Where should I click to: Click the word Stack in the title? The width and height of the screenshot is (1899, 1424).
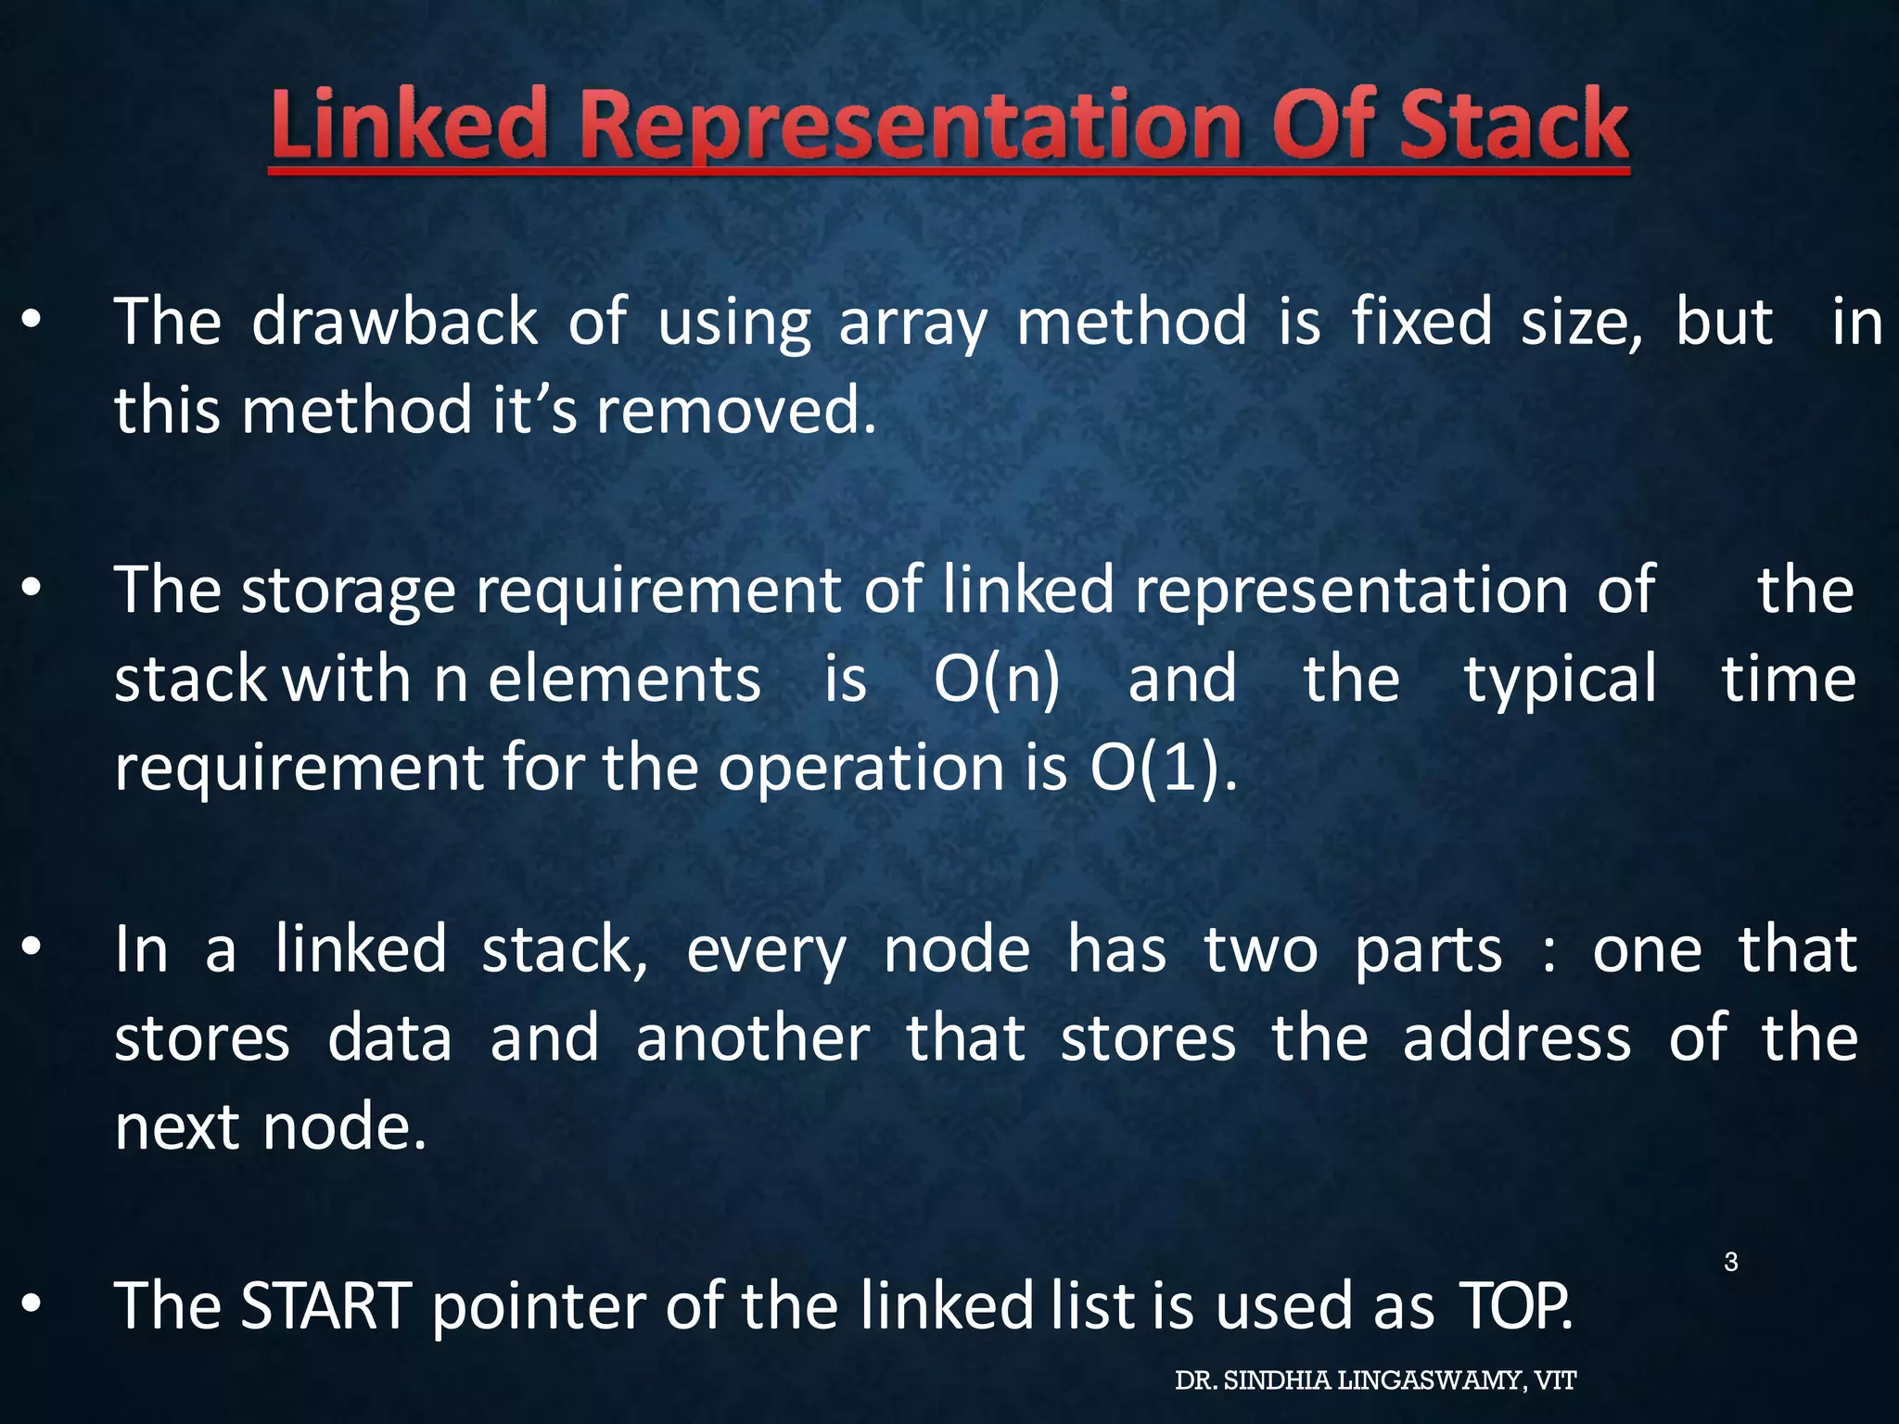point(1514,125)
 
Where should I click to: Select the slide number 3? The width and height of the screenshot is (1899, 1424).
point(1730,1262)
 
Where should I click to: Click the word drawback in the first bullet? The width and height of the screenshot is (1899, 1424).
point(394,322)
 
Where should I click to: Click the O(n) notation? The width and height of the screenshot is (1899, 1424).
point(997,680)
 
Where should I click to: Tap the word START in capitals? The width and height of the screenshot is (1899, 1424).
point(325,1305)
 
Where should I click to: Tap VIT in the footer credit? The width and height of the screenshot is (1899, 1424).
point(1555,1381)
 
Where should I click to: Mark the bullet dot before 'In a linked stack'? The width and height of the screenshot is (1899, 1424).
point(32,947)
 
